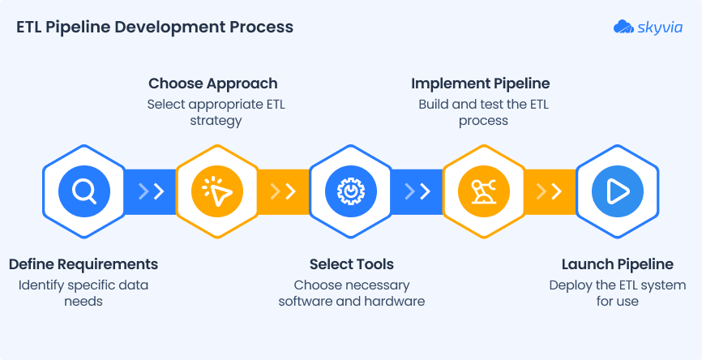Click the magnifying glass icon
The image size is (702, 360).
point(84,191)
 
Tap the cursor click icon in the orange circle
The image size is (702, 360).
point(217,191)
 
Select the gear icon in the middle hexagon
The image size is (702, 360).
point(351,191)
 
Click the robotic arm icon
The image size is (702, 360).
point(484,191)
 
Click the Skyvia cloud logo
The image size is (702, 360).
point(623,27)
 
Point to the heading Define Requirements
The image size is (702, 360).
point(83,264)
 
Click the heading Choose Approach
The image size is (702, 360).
point(213,84)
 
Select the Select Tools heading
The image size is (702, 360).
point(352,264)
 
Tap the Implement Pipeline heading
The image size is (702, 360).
point(481,84)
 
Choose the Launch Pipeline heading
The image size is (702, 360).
point(618,264)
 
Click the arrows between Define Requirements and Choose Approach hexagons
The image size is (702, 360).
point(151,191)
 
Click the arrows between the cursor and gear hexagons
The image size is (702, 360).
point(283,191)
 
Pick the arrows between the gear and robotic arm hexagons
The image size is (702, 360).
point(417,191)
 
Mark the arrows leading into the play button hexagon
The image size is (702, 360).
point(550,191)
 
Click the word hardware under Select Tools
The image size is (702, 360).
point(396,302)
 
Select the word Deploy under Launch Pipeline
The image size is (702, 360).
point(570,285)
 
